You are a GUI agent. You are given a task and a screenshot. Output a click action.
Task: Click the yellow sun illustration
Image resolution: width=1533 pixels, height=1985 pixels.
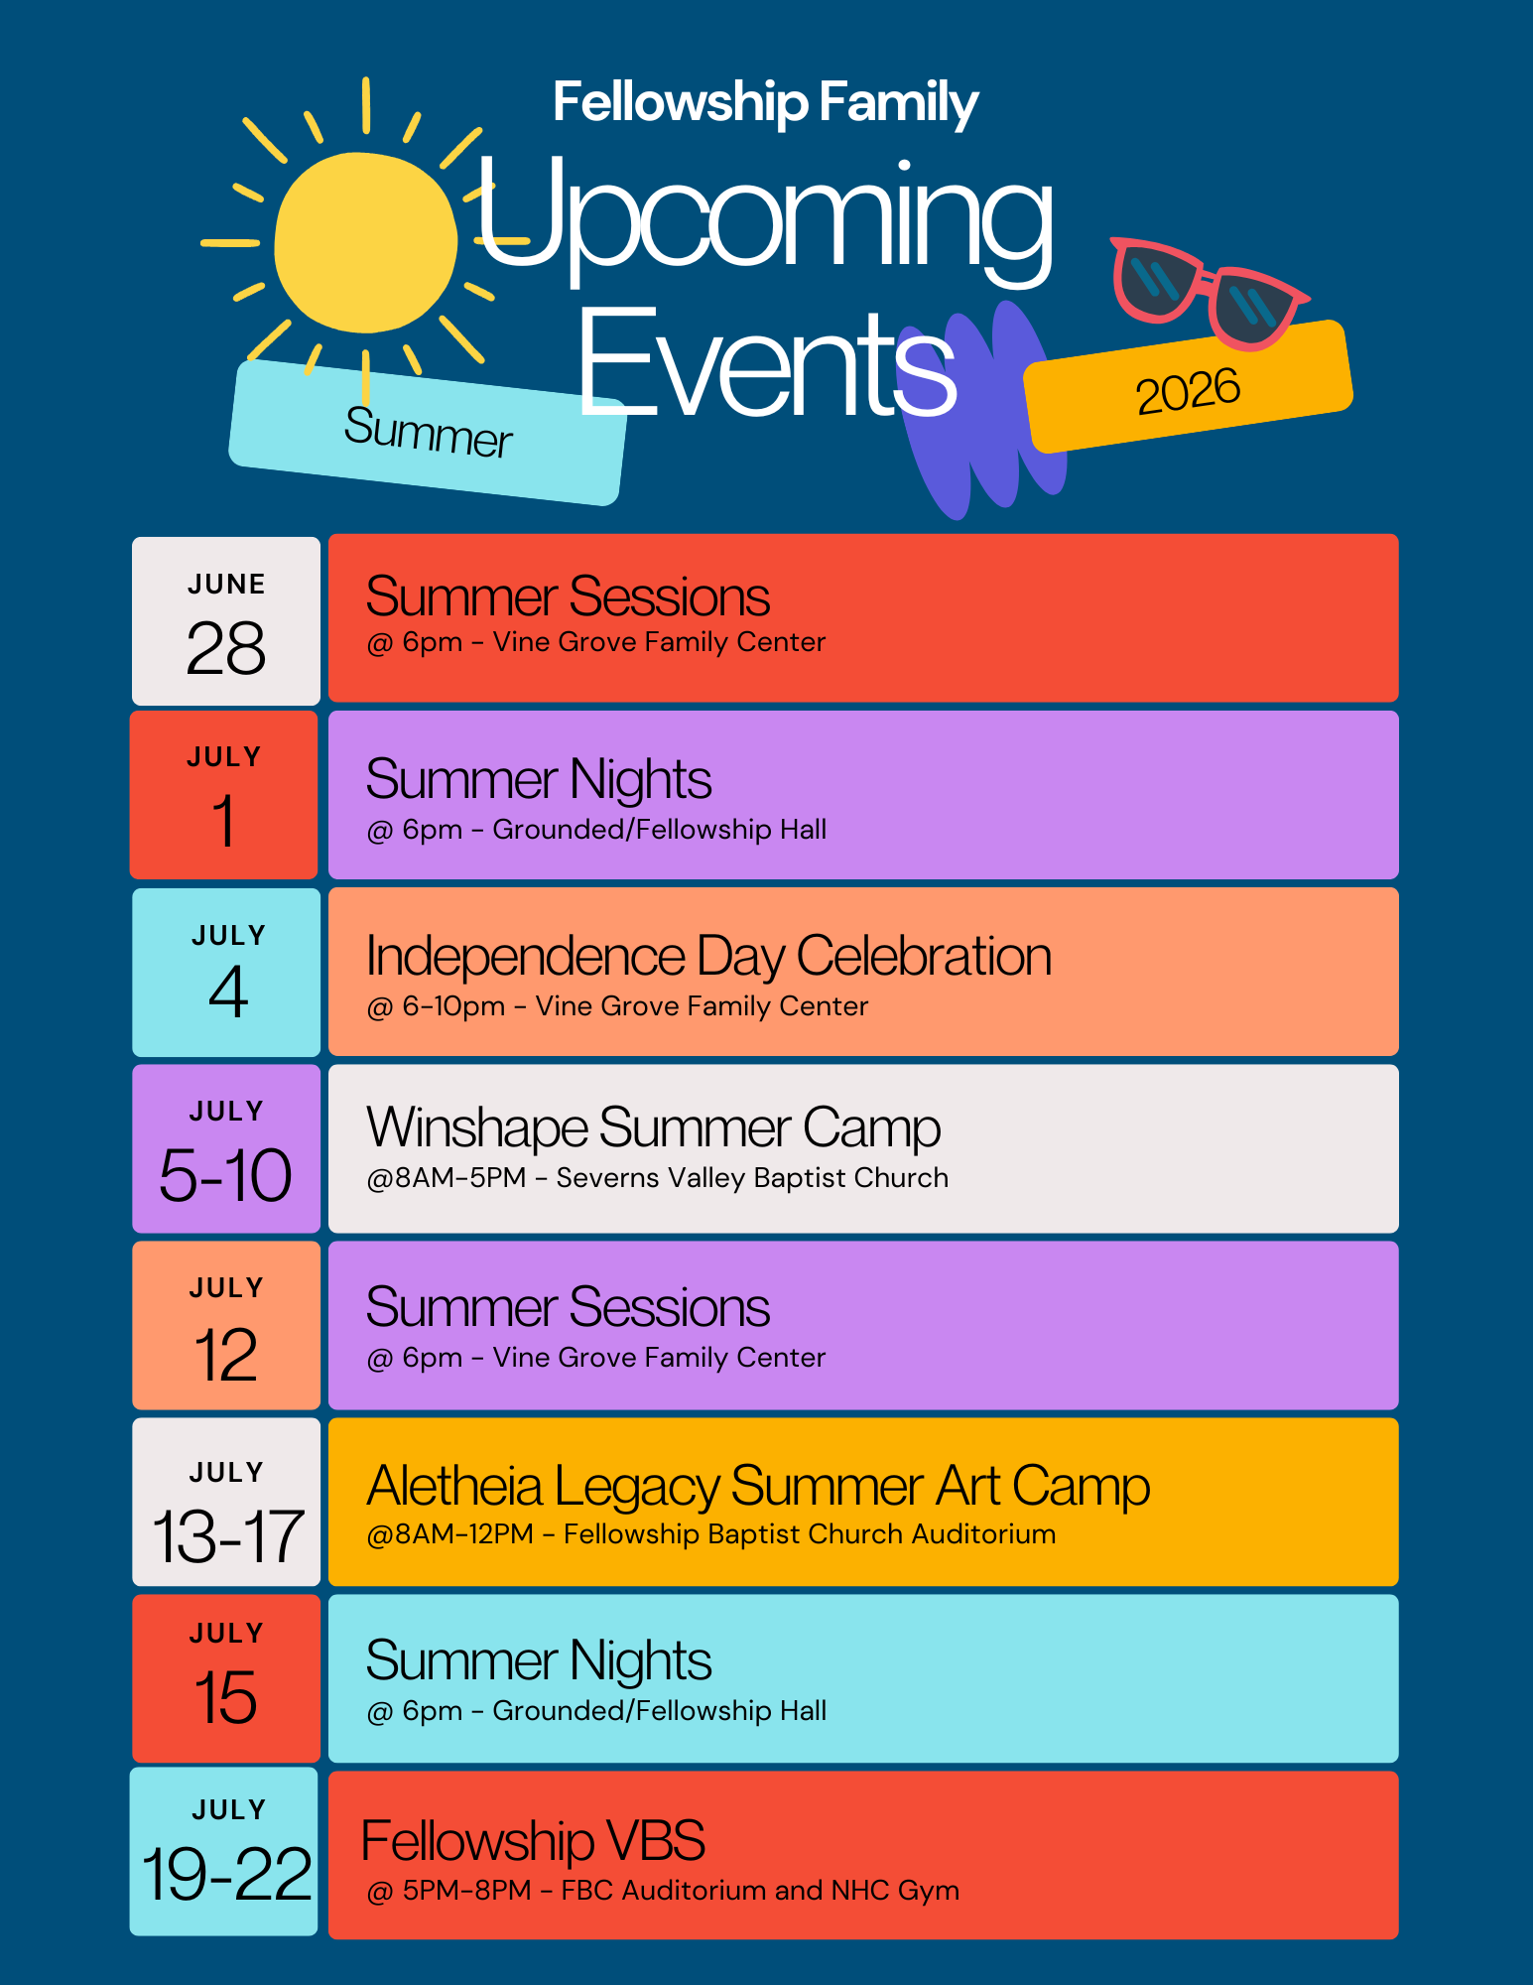pos(365,242)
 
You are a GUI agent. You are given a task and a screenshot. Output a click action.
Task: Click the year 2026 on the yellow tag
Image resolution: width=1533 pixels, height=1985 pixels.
pos(1188,390)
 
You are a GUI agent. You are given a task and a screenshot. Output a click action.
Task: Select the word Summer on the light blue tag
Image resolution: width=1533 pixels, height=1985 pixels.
pos(428,433)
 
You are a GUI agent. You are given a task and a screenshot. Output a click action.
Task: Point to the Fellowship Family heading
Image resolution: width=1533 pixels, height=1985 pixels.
pos(765,102)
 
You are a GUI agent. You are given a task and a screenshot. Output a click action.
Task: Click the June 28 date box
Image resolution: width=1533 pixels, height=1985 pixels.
pos(226,621)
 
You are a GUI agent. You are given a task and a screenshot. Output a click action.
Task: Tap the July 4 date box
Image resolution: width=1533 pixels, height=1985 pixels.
pos(226,973)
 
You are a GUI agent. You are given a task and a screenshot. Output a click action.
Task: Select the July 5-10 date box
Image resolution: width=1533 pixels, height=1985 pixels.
pos(226,1149)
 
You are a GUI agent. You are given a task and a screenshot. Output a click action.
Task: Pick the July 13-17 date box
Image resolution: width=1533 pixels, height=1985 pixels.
pos(226,1503)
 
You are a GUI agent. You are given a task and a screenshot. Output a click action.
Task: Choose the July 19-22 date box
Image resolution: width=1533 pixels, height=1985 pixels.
pos(224,1852)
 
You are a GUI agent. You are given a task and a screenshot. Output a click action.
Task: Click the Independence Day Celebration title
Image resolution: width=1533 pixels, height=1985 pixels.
pos(708,957)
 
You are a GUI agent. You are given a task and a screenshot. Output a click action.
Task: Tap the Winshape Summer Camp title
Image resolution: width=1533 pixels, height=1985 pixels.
pos(653,1128)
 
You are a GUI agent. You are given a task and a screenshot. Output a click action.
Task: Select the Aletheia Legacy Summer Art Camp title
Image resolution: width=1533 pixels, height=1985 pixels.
pos(758,1487)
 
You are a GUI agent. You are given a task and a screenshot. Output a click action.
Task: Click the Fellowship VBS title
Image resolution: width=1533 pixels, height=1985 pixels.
pos(533,1841)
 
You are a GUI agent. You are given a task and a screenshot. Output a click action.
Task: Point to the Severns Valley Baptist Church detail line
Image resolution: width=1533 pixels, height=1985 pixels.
pos(657,1178)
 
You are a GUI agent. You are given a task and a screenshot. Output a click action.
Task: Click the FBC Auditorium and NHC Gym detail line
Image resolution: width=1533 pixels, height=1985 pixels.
pos(663,1891)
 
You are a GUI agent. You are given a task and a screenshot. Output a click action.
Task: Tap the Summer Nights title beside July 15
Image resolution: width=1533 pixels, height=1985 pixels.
pos(539,1661)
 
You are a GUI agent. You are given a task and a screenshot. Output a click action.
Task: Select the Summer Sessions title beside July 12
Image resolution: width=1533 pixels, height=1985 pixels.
pos(568,1307)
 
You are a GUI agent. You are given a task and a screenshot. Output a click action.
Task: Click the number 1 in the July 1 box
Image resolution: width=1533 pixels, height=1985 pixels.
pos(224,821)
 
